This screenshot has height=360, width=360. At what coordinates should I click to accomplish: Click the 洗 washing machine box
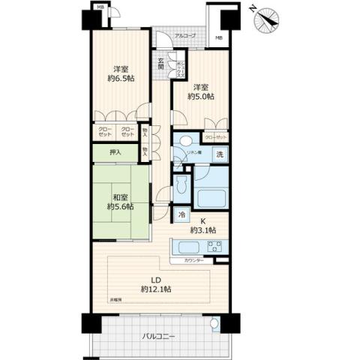[x=220, y=154]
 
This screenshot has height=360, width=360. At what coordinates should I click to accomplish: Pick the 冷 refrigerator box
[x=182, y=214]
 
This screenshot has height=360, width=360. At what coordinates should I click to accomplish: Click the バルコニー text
[x=158, y=337]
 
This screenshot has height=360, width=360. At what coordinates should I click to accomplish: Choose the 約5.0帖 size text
[x=202, y=97]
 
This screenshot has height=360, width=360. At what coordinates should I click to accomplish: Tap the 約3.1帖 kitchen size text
[x=204, y=229]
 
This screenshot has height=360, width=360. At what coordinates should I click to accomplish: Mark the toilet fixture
[x=179, y=186]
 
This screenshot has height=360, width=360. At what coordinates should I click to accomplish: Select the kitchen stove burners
[x=212, y=247]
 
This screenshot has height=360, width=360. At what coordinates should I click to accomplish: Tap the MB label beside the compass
[x=219, y=38]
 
